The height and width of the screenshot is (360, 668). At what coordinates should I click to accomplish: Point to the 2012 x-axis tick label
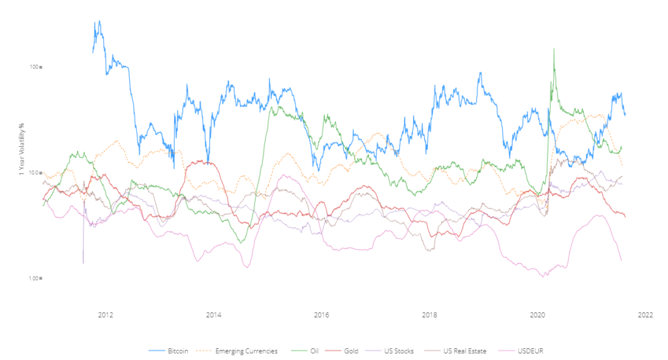click(106, 315)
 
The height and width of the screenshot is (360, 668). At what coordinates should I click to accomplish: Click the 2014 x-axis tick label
click(213, 315)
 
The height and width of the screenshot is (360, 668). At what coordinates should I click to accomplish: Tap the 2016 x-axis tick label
click(321, 315)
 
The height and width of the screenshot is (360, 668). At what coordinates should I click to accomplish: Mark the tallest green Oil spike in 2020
click(554, 49)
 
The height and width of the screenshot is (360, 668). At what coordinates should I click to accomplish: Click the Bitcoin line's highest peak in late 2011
click(99, 21)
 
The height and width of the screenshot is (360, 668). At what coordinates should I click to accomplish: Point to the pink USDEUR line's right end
click(621, 261)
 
